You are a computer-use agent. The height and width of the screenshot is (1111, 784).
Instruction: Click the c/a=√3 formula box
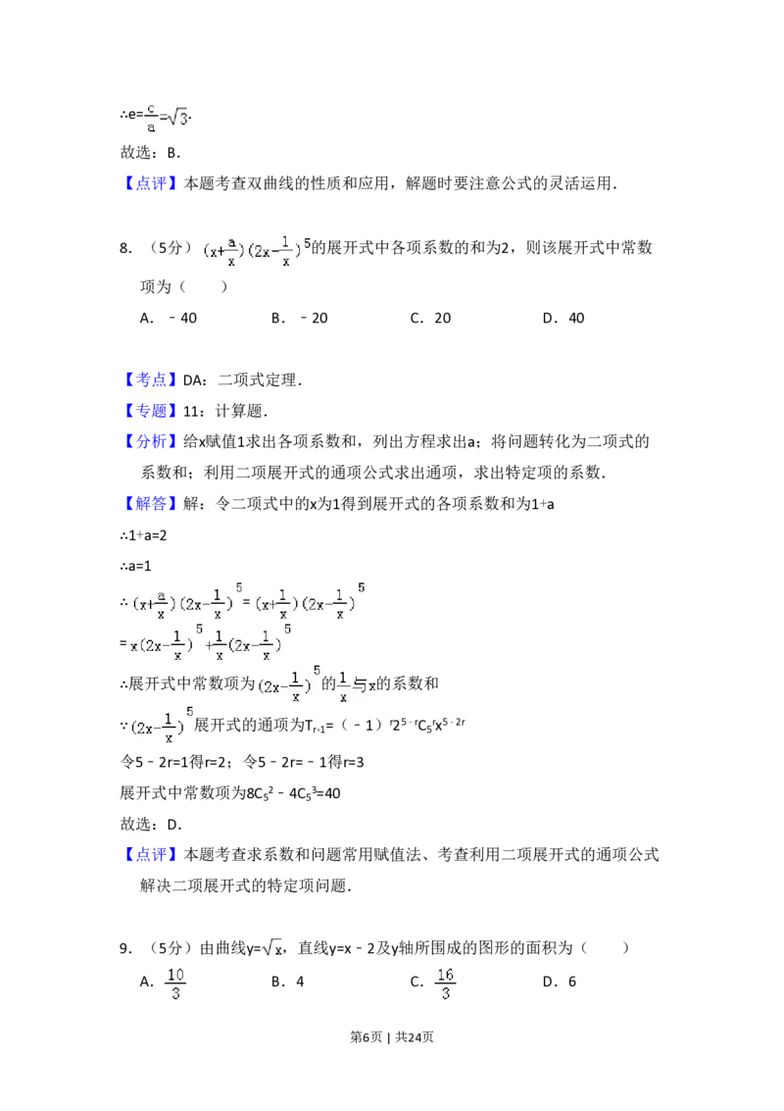pos(164,118)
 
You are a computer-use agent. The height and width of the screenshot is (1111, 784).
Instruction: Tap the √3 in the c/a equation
pos(177,119)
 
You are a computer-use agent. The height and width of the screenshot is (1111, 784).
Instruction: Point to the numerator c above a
pos(151,108)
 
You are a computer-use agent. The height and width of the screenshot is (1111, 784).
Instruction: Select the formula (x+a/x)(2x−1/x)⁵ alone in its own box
pos(254,250)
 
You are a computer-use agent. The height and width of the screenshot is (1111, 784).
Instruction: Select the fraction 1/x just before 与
pos(343,685)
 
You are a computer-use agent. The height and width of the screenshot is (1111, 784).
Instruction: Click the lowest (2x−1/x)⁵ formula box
pos(161,727)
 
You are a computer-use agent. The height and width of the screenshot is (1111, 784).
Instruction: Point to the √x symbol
pos(271,947)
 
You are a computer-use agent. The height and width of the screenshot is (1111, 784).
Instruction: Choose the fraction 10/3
pos(173,985)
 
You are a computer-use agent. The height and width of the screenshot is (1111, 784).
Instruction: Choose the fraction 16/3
pos(446,985)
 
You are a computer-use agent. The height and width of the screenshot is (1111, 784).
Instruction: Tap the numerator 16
pos(446,975)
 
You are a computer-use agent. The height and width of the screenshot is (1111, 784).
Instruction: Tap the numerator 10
pos(174,975)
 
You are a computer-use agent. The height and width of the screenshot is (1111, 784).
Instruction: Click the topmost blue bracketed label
pos(152,184)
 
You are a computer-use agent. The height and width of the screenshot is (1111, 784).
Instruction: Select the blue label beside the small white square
pos(152,380)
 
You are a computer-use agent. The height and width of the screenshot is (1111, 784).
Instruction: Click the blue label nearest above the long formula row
pos(152,505)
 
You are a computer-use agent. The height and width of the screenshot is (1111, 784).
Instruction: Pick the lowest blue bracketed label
pos(152,853)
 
